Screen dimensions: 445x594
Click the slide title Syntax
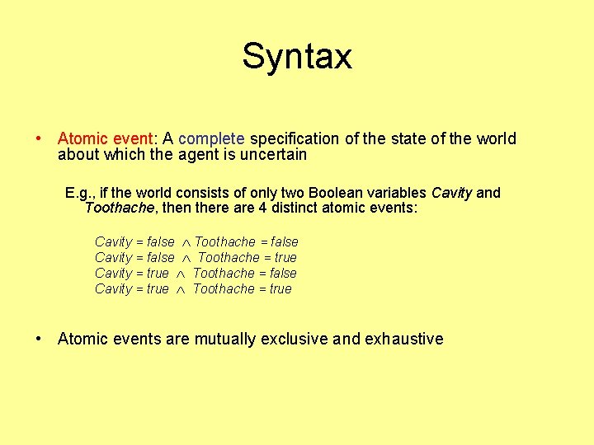tap(297, 56)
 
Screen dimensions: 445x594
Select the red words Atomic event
tap(107, 138)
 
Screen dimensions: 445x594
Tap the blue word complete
tap(211, 138)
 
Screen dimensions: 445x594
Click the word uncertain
tap(271, 154)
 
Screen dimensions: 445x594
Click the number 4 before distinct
tap(262, 208)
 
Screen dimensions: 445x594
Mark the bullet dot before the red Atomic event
tap(39, 138)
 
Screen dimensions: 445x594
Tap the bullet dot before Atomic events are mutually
tap(39, 339)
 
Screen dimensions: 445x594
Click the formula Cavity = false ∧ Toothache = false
tap(196, 241)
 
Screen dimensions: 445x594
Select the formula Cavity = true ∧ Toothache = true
tap(193, 288)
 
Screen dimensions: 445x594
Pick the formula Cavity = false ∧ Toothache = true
tap(196, 257)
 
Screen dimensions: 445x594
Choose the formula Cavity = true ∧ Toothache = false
tap(196, 273)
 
